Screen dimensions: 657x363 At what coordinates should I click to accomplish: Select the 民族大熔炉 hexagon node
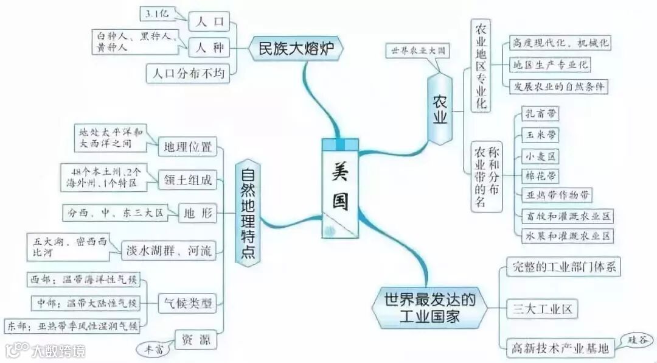coord(296,48)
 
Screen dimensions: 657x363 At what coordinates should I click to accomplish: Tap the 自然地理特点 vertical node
coord(248,213)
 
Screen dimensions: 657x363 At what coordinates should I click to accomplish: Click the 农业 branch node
coord(440,108)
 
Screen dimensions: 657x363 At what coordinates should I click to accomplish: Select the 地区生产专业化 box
coord(550,65)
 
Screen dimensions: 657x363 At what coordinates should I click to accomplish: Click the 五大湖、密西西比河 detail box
coord(69,247)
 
